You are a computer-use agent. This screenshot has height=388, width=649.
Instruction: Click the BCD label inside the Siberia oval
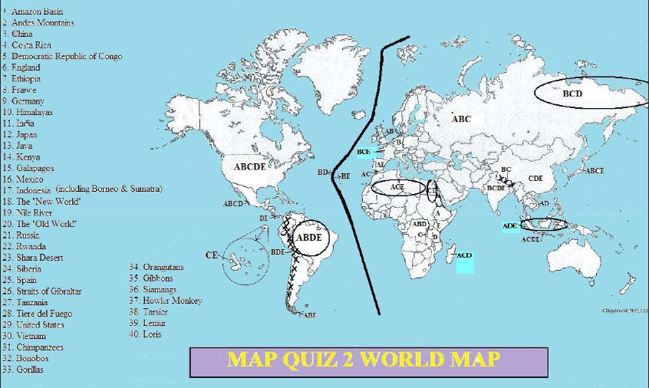[x=572, y=94]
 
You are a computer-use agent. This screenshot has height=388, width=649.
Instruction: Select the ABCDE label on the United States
[x=249, y=166]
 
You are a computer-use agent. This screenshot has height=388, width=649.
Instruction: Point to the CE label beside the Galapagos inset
[x=212, y=255]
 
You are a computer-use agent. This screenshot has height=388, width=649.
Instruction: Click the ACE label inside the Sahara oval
[x=397, y=186]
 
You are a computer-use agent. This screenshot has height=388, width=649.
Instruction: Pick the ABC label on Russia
[x=461, y=119]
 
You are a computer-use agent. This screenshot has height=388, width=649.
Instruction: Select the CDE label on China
[x=535, y=179]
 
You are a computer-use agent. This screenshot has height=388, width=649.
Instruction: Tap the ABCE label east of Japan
[x=595, y=170]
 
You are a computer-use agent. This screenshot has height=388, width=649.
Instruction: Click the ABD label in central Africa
[x=420, y=224]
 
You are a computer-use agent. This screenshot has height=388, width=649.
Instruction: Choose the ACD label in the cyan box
[x=464, y=255]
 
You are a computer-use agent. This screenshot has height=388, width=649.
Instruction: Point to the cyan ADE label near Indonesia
[x=510, y=226]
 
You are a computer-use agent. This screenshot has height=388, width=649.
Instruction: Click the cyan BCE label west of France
[x=364, y=152]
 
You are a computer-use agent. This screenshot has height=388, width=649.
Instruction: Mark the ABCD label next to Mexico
[x=232, y=204]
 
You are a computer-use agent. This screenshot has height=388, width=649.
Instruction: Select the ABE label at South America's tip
[x=310, y=314]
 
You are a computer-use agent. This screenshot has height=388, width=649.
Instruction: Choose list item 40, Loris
[x=151, y=334]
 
